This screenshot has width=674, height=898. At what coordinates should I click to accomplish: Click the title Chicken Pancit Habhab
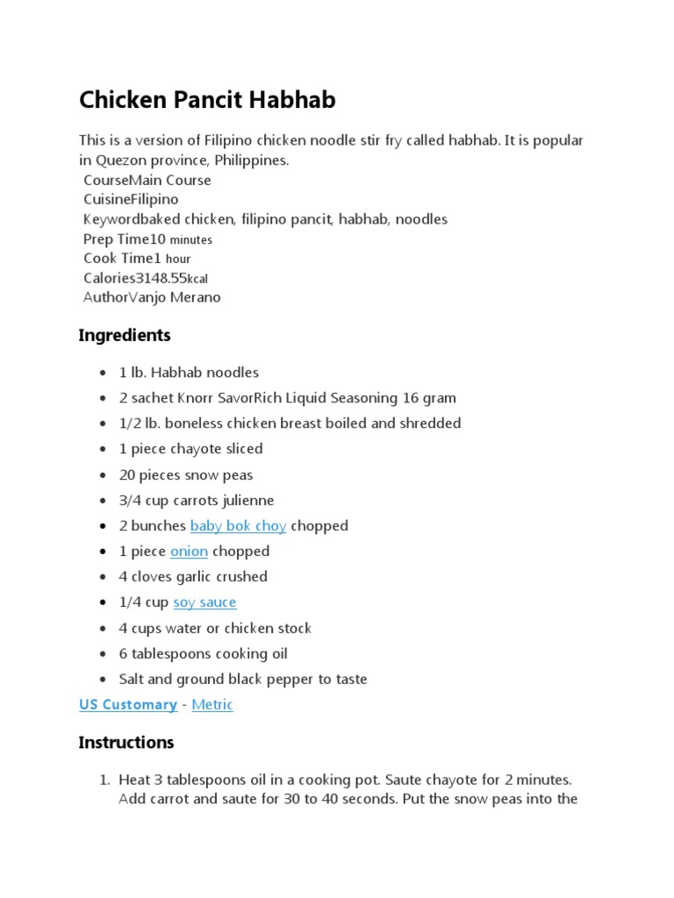207,101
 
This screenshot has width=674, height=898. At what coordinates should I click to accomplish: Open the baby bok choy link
238,526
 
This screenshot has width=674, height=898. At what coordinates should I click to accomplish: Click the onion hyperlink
189,552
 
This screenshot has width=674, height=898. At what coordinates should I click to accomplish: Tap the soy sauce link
204,602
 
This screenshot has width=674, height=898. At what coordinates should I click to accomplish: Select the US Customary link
127,705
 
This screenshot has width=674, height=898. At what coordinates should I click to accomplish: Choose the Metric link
212,705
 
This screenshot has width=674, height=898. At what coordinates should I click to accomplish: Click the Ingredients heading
125,336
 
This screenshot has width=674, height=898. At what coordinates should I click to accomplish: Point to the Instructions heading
126,743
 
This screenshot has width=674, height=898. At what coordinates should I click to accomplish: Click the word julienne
244,501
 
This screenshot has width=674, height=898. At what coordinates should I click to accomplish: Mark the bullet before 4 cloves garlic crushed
104,577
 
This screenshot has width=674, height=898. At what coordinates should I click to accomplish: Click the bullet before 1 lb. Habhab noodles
104,373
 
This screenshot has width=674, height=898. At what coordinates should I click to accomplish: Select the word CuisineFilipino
131,199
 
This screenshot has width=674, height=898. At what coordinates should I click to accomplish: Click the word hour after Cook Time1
178,259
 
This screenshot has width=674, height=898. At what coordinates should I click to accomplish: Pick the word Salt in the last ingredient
133,680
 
